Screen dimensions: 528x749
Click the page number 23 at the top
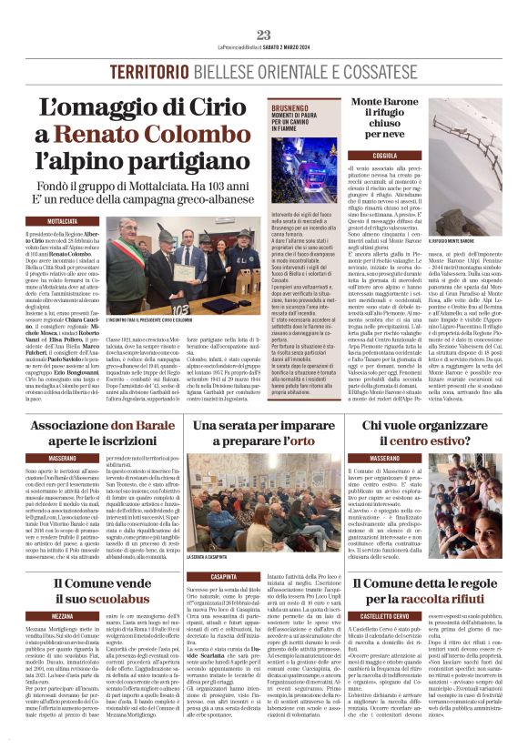[x=264, y=35]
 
